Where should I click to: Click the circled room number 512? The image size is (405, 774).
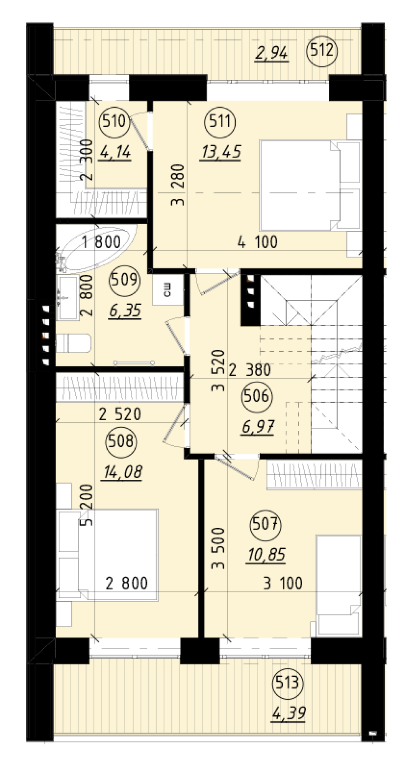[323, 50]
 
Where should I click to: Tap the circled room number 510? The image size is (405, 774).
[114, 121]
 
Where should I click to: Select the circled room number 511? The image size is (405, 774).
[220, 121]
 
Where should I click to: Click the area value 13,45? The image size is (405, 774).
[220, 152]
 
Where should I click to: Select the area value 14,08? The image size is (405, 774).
[122, 472]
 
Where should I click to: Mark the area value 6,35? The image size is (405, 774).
[125, 310]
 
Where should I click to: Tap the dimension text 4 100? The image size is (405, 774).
[258, 242]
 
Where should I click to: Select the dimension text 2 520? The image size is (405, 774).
[120, 414]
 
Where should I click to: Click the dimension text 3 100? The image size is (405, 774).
[283, 583]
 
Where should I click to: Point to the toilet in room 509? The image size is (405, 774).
[73, 343]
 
